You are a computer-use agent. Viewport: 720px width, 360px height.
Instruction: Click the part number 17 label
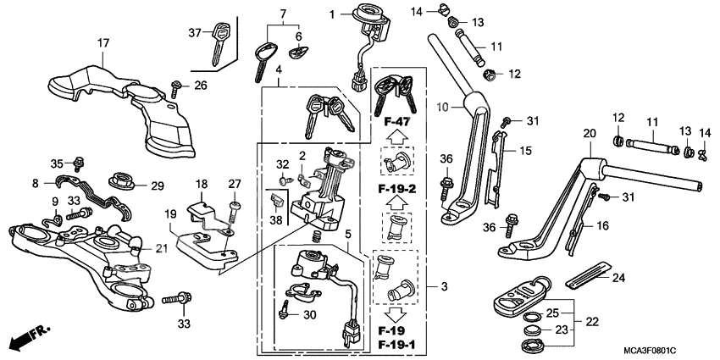tap(103, 43)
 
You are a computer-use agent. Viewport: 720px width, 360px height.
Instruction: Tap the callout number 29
tap(157, 186)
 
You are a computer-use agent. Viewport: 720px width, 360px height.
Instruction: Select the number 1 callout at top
tap(333, 14)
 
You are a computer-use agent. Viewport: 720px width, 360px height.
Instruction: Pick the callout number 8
tap(35, 182)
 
